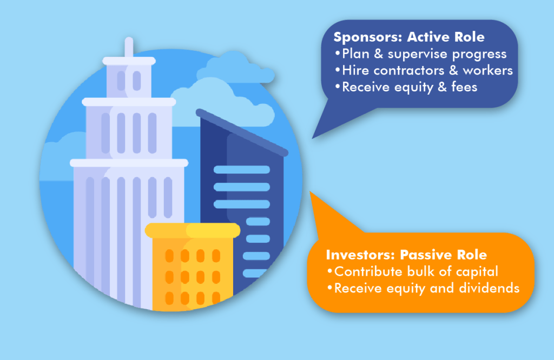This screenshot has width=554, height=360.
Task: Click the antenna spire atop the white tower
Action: [129, 48]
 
